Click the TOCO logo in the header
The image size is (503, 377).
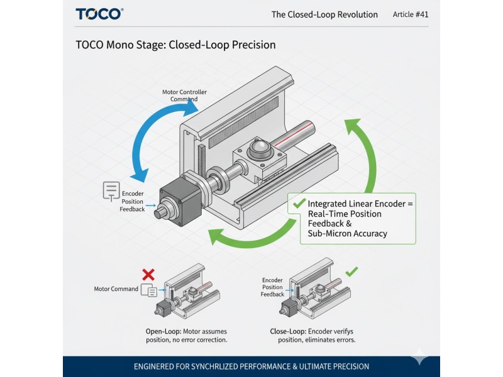point(99,14)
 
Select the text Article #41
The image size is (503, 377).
point(410,14)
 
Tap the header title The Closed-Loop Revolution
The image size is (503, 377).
point(324,14)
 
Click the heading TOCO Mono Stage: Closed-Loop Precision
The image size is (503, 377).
point(175,45)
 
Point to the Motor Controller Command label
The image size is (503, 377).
point(184,96)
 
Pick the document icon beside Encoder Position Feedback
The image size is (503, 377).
point(111,191)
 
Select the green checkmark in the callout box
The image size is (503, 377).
point(297,203)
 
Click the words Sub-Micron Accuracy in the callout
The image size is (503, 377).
point(347,234)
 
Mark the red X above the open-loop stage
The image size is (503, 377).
point(148,275)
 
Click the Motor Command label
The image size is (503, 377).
point(116,289)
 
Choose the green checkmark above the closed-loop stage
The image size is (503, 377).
point(352,271)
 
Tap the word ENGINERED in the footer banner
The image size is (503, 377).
point(158,366)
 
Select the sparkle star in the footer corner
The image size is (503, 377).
point(419,357)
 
